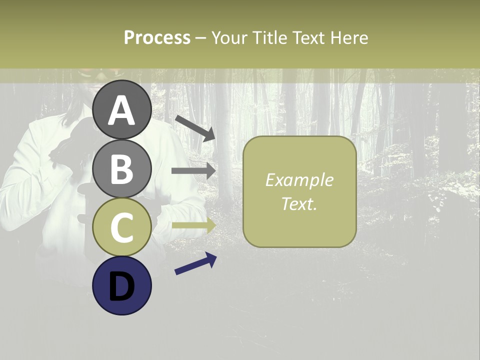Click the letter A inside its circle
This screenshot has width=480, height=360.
tap(122, 111)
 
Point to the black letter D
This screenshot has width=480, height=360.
tap(122, 287)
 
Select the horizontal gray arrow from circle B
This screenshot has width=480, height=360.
tap(193, 171)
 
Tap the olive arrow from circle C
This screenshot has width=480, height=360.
tap(193, 225)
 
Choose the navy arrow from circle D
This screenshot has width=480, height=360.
tap(195, 263)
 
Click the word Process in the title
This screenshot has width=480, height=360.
tap(157, 37)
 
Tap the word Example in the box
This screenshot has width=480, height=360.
tap(299, 180)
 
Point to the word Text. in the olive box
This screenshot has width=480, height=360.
tap(299, 203)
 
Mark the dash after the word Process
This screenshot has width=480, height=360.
tap(201, 38)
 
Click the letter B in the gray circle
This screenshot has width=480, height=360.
tap(122, 169)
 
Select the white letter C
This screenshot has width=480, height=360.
tap(122, 227)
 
